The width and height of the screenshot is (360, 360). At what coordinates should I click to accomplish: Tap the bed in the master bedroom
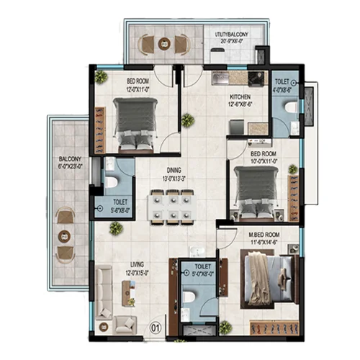point(264,282)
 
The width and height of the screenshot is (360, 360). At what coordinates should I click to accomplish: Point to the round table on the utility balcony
point(165,45)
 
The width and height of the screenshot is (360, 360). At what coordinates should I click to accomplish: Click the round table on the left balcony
point(66,234)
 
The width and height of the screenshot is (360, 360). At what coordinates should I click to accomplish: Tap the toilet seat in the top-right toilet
point(290,108)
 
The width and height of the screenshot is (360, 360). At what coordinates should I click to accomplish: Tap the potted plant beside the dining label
point(188,120)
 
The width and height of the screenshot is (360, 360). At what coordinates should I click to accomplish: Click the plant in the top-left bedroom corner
point(101,76)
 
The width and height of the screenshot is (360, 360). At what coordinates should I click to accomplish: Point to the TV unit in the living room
point(128,292)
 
